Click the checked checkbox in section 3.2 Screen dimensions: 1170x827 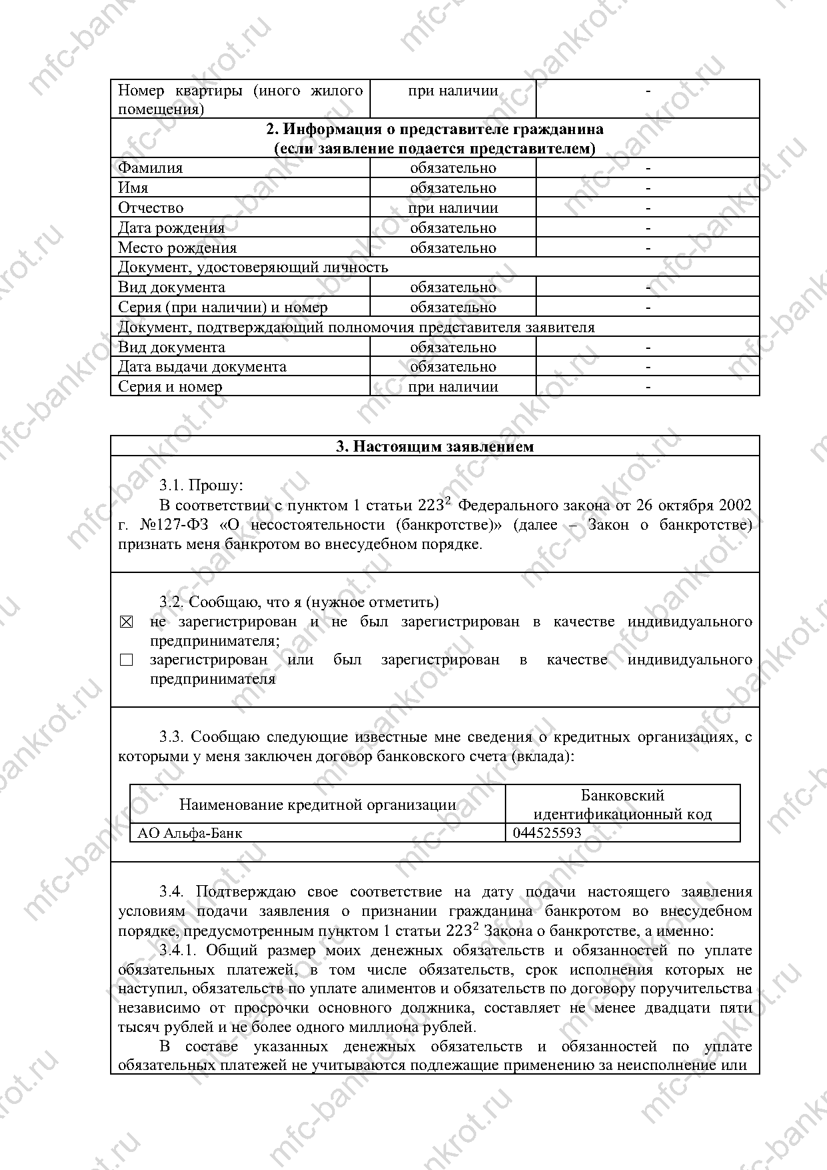tap(127, 622)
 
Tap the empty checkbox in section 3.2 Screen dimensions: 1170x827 tap(127, 660)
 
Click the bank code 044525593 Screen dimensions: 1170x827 tap(547, 832)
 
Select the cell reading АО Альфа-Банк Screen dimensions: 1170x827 tap(190, 832)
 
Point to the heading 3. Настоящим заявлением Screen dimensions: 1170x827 tap(435, 446)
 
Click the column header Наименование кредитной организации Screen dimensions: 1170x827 tap(317, 804)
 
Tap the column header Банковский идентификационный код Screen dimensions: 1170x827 tap(623, 804)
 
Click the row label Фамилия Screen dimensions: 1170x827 tap(150, 168)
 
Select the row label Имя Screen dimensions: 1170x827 tap(133, 188)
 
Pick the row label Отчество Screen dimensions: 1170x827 tap(151, 208)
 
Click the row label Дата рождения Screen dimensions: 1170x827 tap(171, 228)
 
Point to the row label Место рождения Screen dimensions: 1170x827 tap(177, 248)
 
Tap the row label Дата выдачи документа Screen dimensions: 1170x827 tap(202, 367)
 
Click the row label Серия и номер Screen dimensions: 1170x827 tap(170, 387)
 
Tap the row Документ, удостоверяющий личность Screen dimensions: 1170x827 tap(253, 267)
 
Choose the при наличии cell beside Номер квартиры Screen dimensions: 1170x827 tap(453, 91)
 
